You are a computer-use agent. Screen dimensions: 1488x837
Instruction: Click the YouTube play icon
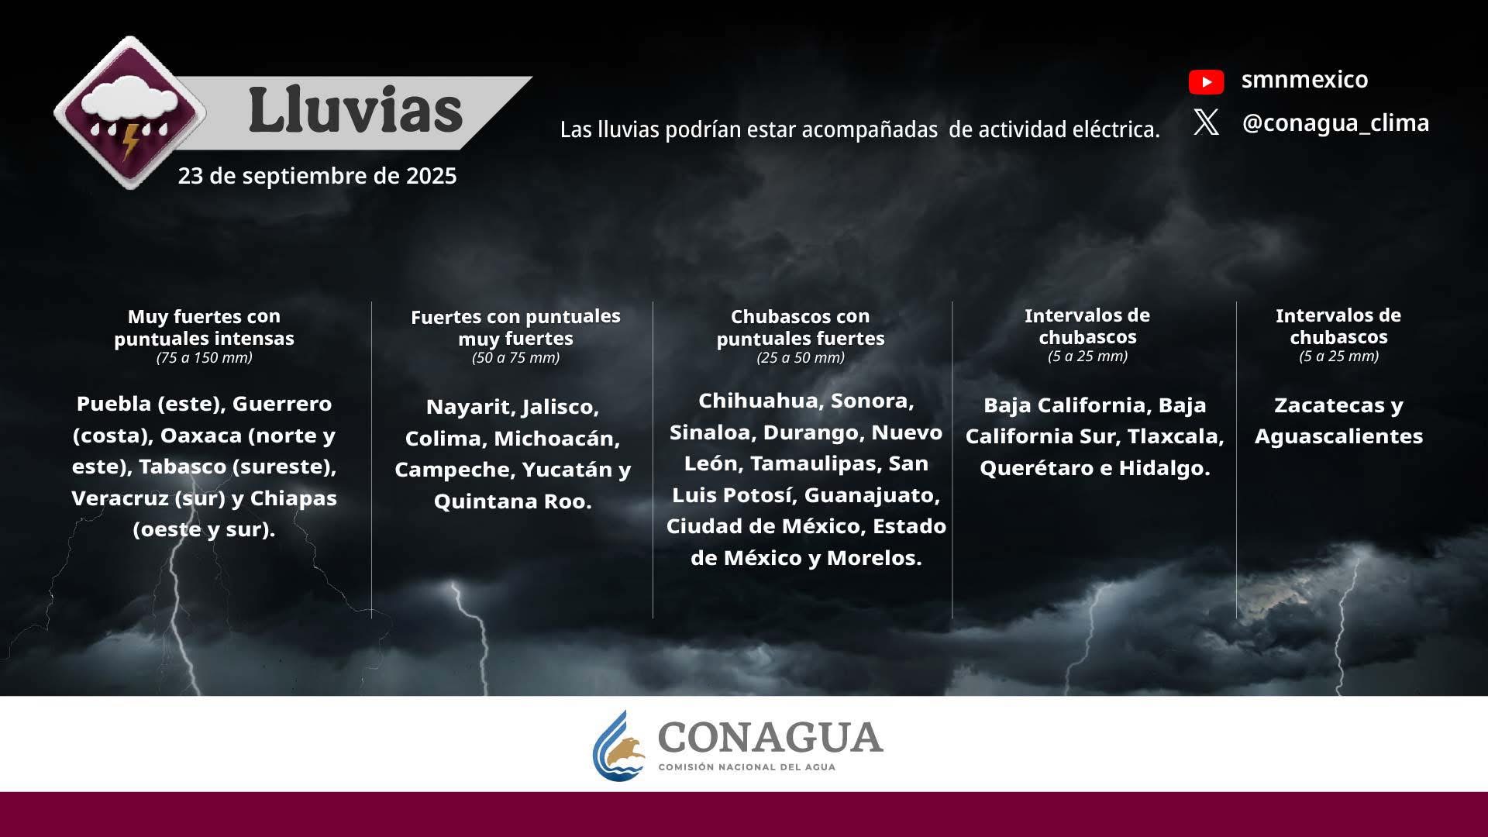pyautogui.click(x=1206, y=81)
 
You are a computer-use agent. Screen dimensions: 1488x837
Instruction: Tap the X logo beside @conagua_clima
pyautogui.click(x=1206, y=122)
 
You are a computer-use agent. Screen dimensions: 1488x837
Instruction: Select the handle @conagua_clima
pyautogui.click(x=1335, y=122)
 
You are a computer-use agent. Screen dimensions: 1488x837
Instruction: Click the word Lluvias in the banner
pyautogui.click(x=356, y=110)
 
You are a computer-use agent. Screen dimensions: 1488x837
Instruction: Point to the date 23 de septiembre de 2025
pyautogui.click(x=317, y=176)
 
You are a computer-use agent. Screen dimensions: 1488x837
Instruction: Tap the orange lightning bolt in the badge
pyautogui.click(x=129, y=140)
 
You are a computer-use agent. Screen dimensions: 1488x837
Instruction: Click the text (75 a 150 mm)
pyautogui.click(x=205, y=357)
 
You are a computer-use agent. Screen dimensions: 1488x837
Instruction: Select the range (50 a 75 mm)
pyautogui.click(x=515, y=357)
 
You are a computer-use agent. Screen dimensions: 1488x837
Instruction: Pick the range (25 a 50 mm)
pyautogui.click(x=801, y=357)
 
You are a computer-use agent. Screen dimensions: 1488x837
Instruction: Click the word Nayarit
pyautogui.click(x=470, y=407)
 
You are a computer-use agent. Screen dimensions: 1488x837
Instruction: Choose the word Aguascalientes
pyautogui.click(x=1338, y=436)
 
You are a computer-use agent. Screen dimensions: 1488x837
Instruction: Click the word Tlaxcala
pyautogui.click(x=1176, y=436)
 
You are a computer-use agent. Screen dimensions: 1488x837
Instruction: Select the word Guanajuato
pyautogui.click(x=872, y=495)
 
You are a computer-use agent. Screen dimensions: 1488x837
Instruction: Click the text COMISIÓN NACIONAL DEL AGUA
pyautogui.click(x=746, y=767)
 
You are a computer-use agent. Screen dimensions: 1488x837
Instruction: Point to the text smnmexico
pyautogui.click(x=1304, y=79)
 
